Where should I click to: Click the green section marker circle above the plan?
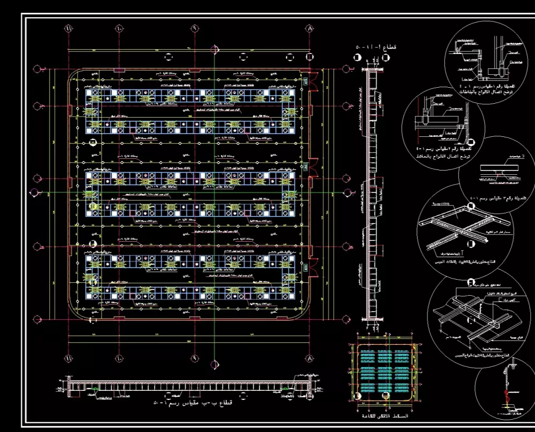click(x=215, y=49)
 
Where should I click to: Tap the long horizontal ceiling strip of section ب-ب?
click(x=187, y=386)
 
